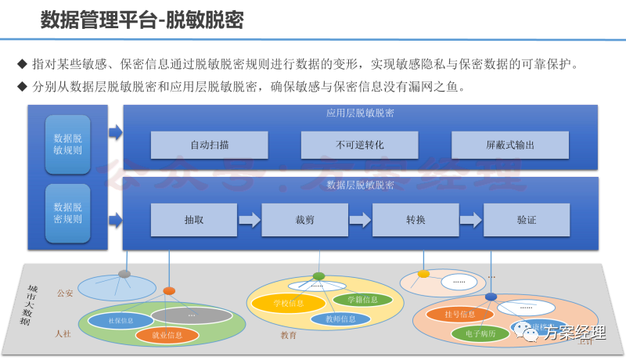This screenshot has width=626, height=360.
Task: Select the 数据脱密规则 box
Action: coord(67,213)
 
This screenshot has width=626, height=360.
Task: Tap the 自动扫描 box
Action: coord(210,145)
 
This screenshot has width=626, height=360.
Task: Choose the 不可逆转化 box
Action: coord(359,145)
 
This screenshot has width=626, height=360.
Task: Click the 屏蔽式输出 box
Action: coord(509,145)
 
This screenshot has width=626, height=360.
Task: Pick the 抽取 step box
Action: coord(193,220)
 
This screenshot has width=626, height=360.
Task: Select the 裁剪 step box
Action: coord(304,220)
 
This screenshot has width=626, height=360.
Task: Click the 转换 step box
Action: coord(415,220)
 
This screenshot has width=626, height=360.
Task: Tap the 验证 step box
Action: coord(526,220)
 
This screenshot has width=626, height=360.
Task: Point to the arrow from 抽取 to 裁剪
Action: coord(249,220)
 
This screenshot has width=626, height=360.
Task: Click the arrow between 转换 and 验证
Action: coord(470,220)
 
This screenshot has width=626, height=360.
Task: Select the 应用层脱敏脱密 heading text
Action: coord(359,113)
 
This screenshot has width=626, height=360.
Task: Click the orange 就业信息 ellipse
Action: coord(167,336)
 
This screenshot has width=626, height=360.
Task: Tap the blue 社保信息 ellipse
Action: coord(121,320)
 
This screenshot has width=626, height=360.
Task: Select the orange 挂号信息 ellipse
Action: coord(459,315)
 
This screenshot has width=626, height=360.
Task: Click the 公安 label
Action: coord(64,293)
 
